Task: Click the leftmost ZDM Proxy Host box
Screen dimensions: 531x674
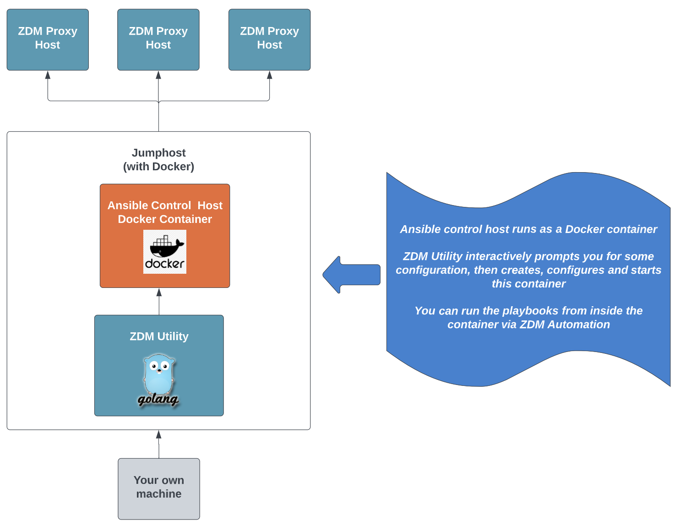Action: point(48,39)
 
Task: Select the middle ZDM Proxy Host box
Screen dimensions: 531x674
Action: point(158,39)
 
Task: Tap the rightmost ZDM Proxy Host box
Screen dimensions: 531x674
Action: point(269,39)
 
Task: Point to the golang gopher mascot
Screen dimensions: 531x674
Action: point(159,373)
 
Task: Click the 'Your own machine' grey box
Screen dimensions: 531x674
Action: point(159,488)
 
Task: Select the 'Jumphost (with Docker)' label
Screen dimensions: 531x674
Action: point(158,159)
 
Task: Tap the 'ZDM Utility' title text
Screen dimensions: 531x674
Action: point(159,336)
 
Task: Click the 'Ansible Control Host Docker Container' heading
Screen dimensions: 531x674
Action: point(165,212)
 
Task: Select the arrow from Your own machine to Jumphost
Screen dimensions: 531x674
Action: point(159,444)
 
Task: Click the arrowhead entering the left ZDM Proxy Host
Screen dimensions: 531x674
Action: point(48,75)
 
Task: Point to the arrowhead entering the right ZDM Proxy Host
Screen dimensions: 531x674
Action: point(269,75)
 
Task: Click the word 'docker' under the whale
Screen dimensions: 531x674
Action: point(164,264)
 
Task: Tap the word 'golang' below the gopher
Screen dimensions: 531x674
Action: point(158,399)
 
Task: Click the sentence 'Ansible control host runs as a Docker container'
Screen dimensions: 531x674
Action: point(528,229)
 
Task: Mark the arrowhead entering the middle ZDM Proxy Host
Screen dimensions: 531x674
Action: point(158,75)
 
